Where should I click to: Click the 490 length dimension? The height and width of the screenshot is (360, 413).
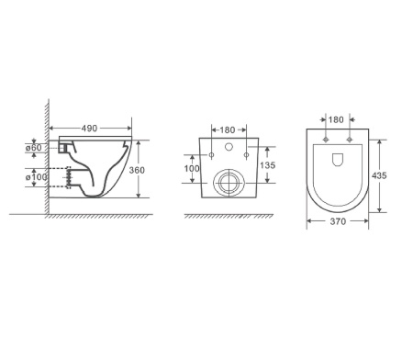pyautogui.click(x=89, y=129)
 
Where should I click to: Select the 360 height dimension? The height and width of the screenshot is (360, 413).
pyautogui.click(x=137, y=170)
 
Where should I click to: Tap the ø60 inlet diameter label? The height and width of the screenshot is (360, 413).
pyautogui.click(x=33, y=148)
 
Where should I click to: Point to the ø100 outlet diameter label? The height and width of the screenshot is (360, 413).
pyautogui.click(x=36, y=177)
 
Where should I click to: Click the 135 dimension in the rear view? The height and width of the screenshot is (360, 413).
pyautogui.click(x=268, y=165)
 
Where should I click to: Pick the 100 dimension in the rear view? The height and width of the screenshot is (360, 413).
pyautogui.click(x=192, y=168)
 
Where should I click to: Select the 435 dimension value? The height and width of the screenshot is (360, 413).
pyautogui.click(x=379, y=175)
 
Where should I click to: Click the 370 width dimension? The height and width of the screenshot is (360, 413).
pyautogui.click(x=338, y=221)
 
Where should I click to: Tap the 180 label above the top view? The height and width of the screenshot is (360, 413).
pyautogui.click(x=336, y=119)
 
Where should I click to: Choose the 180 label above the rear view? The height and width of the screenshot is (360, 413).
pyautogui.click(x=228, y=130)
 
